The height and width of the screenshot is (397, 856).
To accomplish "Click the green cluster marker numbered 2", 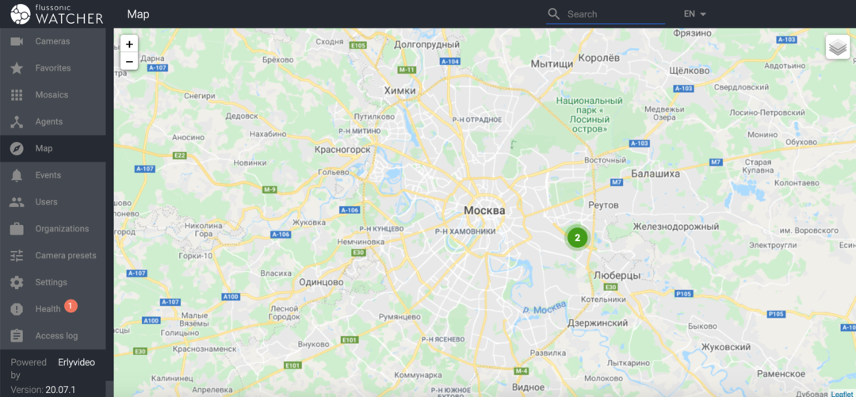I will pos(577,237).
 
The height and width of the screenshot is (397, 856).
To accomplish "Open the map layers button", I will pos(837,48).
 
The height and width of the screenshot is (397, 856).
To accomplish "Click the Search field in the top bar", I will pos(614,14).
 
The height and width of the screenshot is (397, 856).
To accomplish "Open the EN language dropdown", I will pos(694,14).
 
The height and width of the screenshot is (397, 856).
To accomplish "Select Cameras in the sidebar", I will pos(52,41).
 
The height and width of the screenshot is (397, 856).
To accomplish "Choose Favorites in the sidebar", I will pos(52,68).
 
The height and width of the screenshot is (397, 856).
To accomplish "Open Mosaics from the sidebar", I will pos(52,95).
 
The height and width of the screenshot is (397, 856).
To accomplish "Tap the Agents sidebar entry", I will pos(48,122).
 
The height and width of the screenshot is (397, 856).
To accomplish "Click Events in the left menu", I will pos(48,175).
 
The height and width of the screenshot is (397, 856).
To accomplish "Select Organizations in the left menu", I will pos(62,229).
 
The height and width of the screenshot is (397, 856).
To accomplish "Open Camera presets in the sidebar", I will pos(65,256).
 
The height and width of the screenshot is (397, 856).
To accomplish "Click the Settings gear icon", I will pos(17,283).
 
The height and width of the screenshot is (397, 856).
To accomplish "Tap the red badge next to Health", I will pos(71,306).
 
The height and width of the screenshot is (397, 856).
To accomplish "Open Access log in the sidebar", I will pos(56,336).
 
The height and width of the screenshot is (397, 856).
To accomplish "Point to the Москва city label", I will pos(483,211).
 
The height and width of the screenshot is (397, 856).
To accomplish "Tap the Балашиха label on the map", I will pos(655,173).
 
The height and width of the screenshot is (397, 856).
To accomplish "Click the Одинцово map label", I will pos(321,282).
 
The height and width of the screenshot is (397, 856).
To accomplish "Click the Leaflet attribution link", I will pos(842,393).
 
